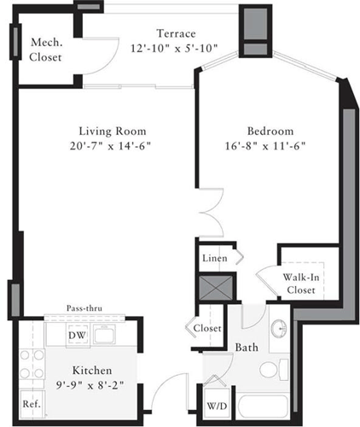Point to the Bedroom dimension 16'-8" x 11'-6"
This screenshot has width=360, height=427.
[270, 146]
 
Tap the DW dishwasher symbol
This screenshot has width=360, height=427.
[76, 335]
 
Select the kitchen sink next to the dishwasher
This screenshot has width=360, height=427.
[107, 335]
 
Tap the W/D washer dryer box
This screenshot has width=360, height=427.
[216, 405]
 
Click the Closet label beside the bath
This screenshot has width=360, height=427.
[208, 328]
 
